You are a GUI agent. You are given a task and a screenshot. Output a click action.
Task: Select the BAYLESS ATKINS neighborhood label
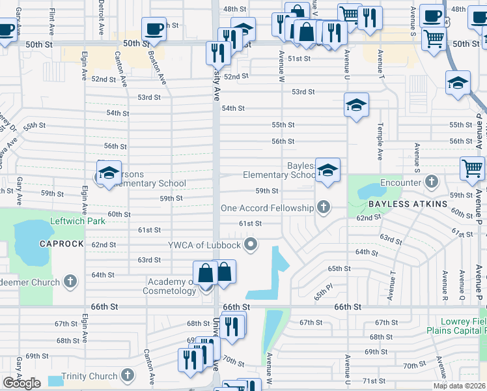(408, 204)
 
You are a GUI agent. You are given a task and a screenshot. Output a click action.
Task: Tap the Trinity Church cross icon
(128, 376)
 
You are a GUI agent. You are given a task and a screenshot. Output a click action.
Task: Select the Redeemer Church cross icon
(70, 282)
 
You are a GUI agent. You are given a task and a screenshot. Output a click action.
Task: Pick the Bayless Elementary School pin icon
(327, 171)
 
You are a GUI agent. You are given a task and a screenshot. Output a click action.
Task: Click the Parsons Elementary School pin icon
(109, 173)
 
